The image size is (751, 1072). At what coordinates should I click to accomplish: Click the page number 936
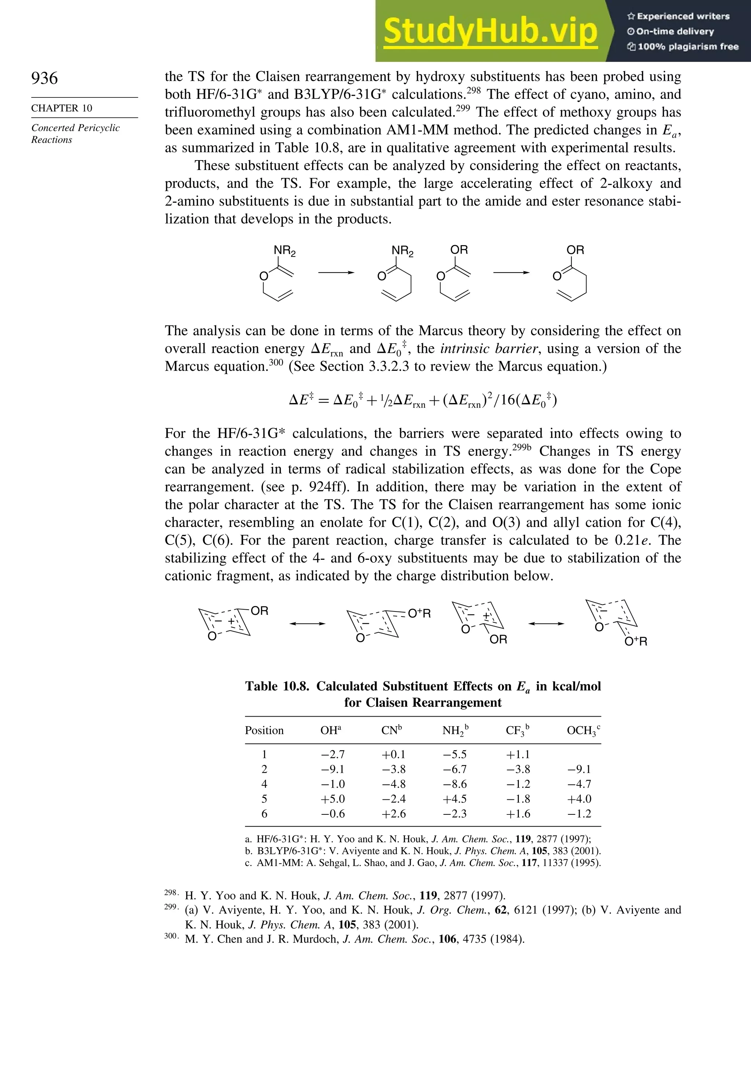point(44,78)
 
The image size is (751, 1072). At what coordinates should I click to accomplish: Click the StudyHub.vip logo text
point(490,31)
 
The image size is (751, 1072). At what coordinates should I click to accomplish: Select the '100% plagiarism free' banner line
point(682,46)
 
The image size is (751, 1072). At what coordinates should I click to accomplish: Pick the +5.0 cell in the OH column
point(333,799)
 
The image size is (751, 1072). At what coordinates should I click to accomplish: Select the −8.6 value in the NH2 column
point(455,784)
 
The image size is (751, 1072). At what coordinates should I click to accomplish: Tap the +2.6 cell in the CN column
point(393,814)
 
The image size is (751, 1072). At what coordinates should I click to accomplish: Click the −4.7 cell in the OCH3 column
point(579,784)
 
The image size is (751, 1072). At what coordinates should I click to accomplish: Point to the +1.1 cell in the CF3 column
point(518,754)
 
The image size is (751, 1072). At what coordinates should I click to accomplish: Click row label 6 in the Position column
point(264,814)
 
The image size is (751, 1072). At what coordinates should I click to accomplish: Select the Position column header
point(264,730)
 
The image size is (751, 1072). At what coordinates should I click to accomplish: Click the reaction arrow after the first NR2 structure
point(336,273)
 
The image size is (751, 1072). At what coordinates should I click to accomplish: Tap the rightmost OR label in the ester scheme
point(575,250)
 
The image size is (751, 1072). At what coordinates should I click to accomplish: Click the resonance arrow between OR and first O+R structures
point(307,624)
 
